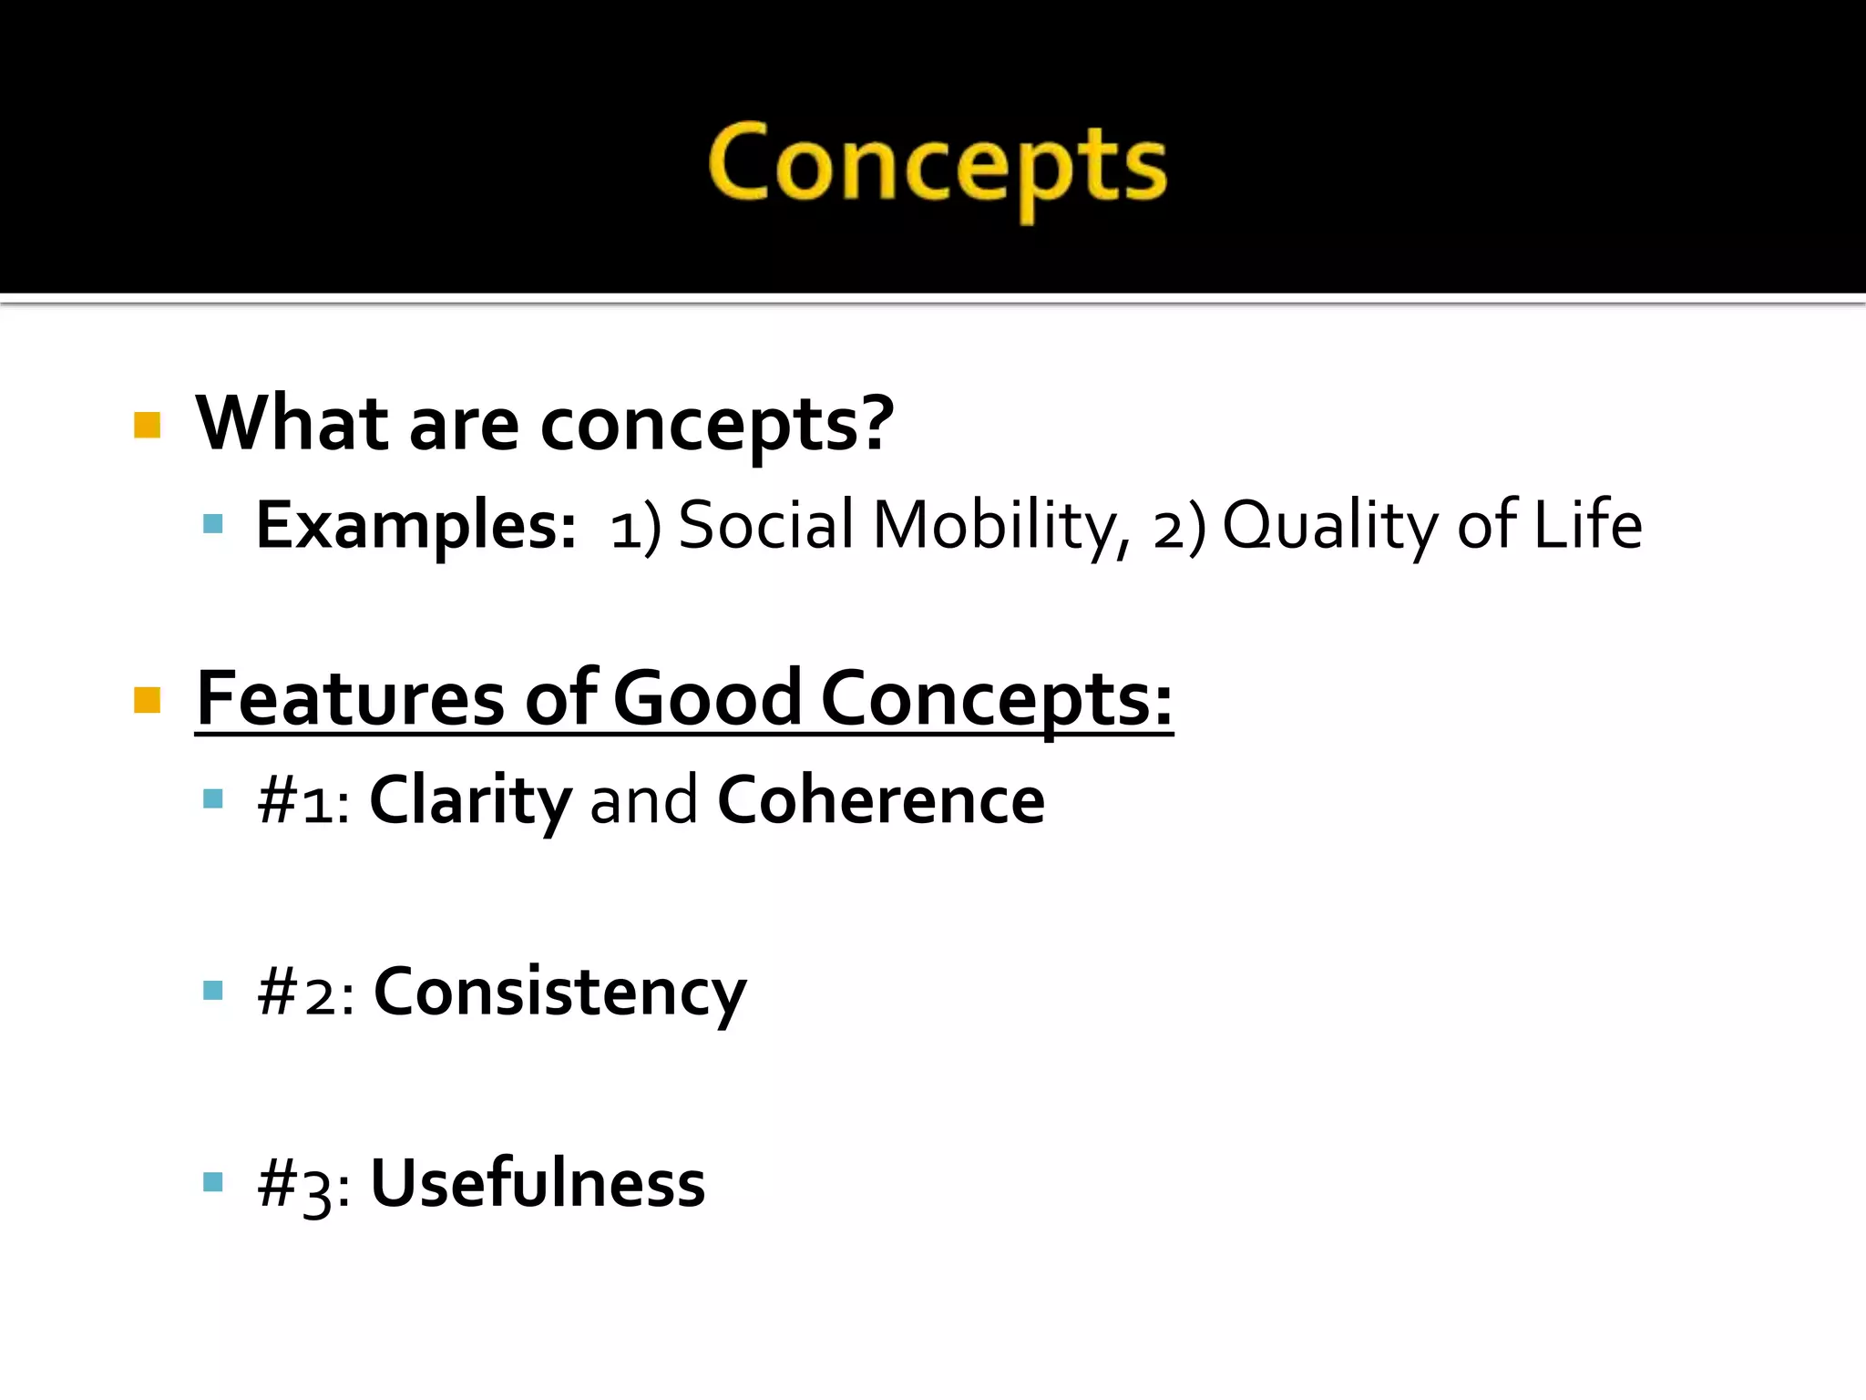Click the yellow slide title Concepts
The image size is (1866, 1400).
pyautogui.click(x=937, y=166)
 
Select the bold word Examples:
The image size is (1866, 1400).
pyautogui.click(x=415, y=526)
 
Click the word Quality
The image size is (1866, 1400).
pyautogui.click(x=1330, y=526)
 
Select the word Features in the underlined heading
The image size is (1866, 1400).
pyautogui.click(x=350, y=698)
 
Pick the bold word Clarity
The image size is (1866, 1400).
pyautogui.click(x=470, y=800)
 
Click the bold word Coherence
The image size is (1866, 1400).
pyautogui.click(x=880, y=800)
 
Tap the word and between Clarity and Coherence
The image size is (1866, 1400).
pyautogui.click(x=643, y=800)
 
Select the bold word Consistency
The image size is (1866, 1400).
pyautogui.click(x=559, y=992)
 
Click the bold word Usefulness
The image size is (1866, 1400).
pyautogui.click(x=538, y=1183)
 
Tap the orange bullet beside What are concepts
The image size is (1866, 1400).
pyautogui.click(x=147, y=425)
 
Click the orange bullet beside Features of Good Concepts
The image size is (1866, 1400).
pyautogui.click(x=147, y=700)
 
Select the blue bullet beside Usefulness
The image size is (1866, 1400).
pyautogui.click(x=213, y=1182)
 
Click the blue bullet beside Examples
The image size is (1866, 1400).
pyautogui.click(x=213, y=523)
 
